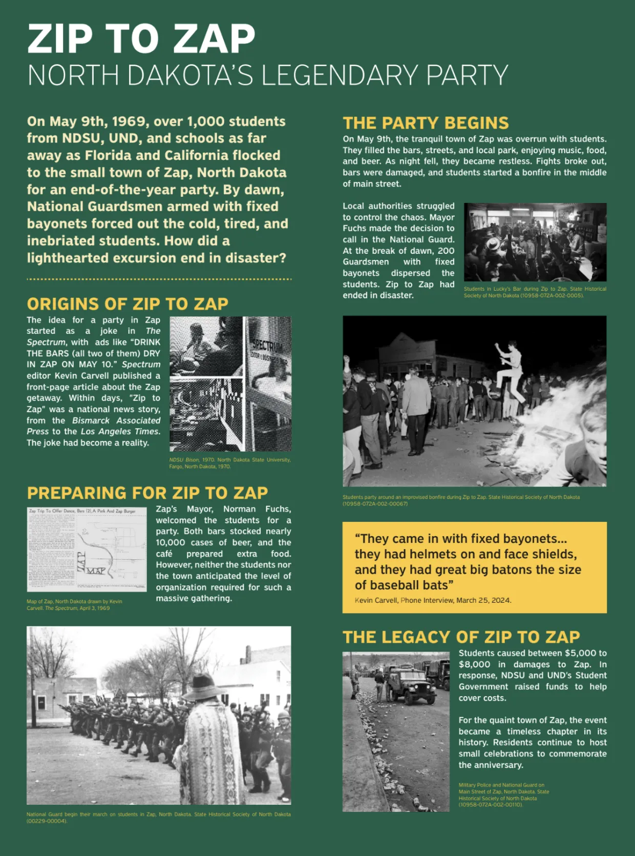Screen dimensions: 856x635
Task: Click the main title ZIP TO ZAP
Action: point(141,39)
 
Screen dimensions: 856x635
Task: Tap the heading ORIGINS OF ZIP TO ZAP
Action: point(128,304)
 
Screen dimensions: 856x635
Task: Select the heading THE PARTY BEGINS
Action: point(426,123)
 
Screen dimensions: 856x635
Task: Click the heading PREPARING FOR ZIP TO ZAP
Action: point(147,493)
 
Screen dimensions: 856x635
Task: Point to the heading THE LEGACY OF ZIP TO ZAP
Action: point(461,637)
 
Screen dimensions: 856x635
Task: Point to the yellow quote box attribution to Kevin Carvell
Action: point(433,600)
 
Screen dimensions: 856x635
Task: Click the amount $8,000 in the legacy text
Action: point(474,664)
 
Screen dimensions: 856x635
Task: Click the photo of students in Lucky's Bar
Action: point(535,242)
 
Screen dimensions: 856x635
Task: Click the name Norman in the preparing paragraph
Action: point(239,509)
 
